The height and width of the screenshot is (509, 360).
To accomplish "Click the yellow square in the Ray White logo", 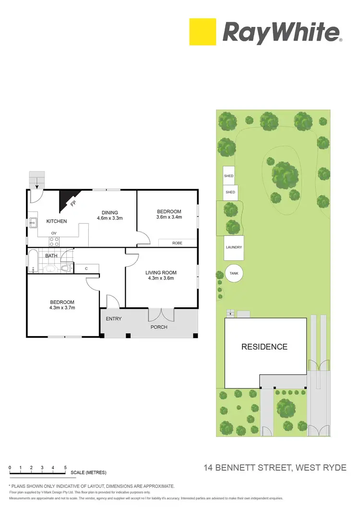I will pyautogui.click(x=203, y=32).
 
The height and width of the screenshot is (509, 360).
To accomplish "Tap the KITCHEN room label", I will pyautogui.click(x=56, y=221).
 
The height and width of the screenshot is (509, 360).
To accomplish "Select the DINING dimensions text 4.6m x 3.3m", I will pyautogui.click(x=109, y=218).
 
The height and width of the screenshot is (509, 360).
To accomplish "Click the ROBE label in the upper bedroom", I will pyautogui.click(x=177, y=243).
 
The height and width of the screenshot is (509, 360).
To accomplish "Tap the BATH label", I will pyautogui.click(x=51, y=256).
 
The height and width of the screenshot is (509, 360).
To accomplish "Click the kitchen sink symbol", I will pyautogui.click(x=34, y=222).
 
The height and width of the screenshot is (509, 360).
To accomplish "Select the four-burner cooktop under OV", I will pyautogui.click(x=54, y=242).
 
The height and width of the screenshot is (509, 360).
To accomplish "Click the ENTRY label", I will pyautogui.click(x=114, y=319).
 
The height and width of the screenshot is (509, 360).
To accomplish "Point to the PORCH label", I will pyautogui.click(x=159, y=327).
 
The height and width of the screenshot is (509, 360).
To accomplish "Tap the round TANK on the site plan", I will pyautogui.click(x=234, y=274).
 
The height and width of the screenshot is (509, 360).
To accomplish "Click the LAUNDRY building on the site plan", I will pyautogui.click(x=234, y=248).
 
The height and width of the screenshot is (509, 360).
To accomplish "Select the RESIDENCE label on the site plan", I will pyautogui.click(x=264, y=347).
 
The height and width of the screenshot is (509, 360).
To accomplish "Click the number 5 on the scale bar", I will pyautogui.click(x=65, y=467).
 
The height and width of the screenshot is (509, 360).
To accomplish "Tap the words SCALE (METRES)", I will pyautogui.click(x=88, y=473).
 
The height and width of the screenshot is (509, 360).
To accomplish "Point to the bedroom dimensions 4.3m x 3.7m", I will pyautogui.click(x=62, y=308).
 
